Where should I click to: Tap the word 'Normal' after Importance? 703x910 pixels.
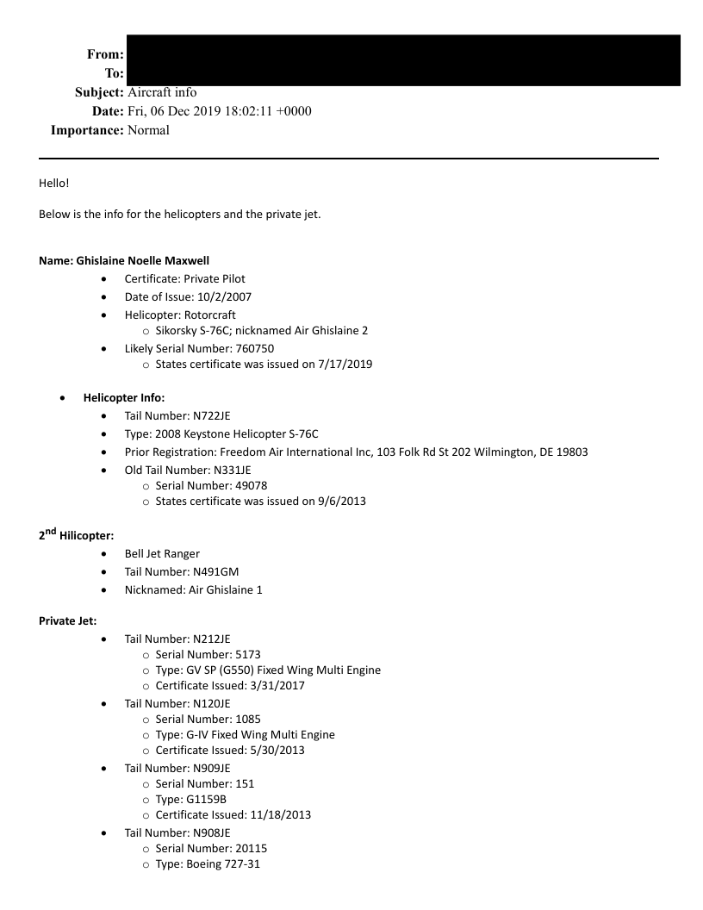coord(147,130)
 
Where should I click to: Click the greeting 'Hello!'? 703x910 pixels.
coord(55,184)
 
